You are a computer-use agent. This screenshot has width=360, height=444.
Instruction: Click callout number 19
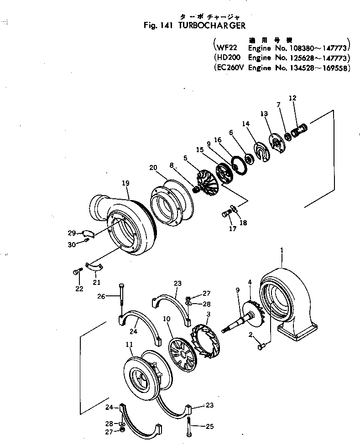click(125, 183)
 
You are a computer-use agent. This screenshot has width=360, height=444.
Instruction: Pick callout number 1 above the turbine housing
click(282, 250)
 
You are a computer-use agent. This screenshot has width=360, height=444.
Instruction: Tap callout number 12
click(292, 98)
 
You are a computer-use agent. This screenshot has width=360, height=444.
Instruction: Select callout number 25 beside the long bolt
click(209, 427)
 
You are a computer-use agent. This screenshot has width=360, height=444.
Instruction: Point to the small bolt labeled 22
click(76, 272)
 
